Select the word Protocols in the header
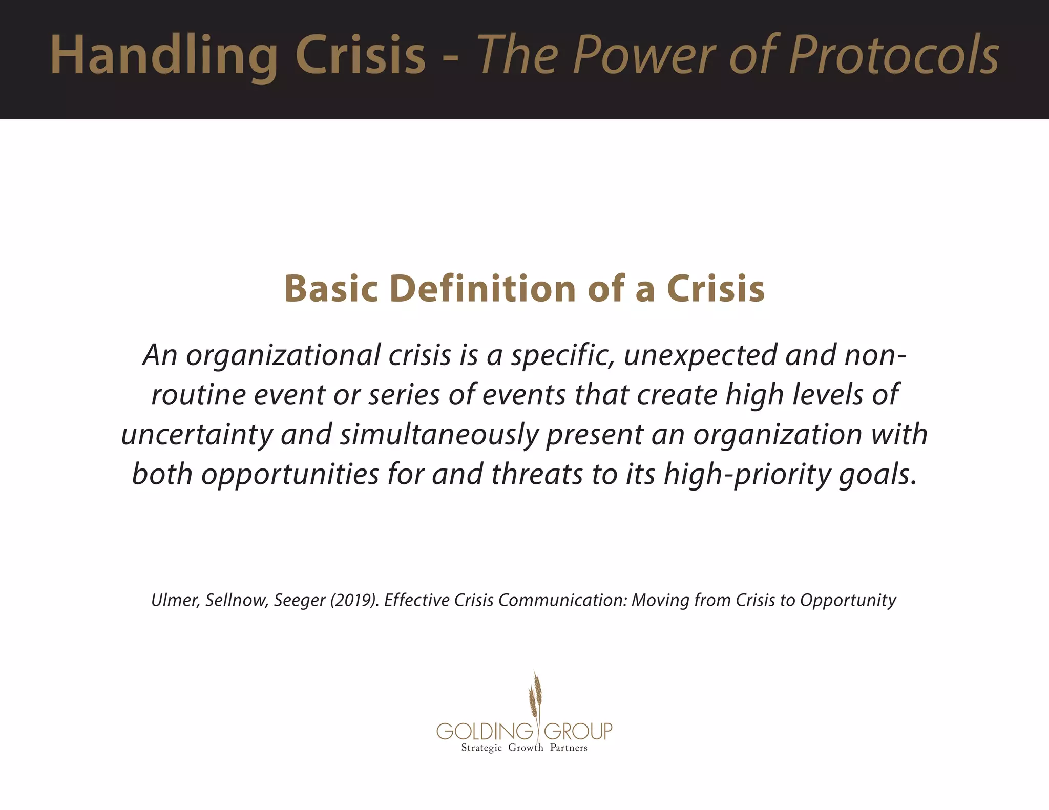pyautogui.click(x=894, y=55)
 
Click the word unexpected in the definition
pyautogui.click(x=700, y=355)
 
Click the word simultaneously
pyautogui.click(x=439, y=435)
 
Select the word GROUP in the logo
pyautogui.click(x=578, y=731)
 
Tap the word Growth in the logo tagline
pyautogui.click(x=526, y=748)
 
